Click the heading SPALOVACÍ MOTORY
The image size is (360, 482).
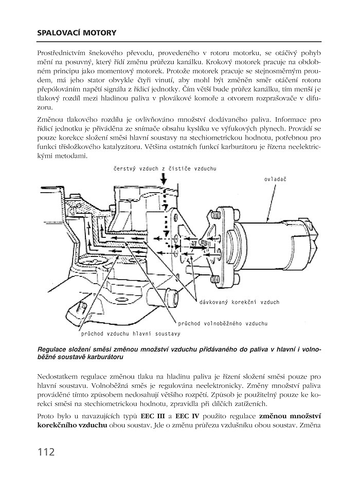tap(77, 33)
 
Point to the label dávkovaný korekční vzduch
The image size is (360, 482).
tap(240, 302)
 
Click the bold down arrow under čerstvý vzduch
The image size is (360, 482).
tap(164, 179)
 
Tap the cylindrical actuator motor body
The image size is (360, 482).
tap(278, 241)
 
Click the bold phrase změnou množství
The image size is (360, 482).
tap(290, 415)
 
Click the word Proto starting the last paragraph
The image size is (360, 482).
tap(46, 415)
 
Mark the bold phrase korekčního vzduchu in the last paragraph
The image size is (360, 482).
tap(72, 425)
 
